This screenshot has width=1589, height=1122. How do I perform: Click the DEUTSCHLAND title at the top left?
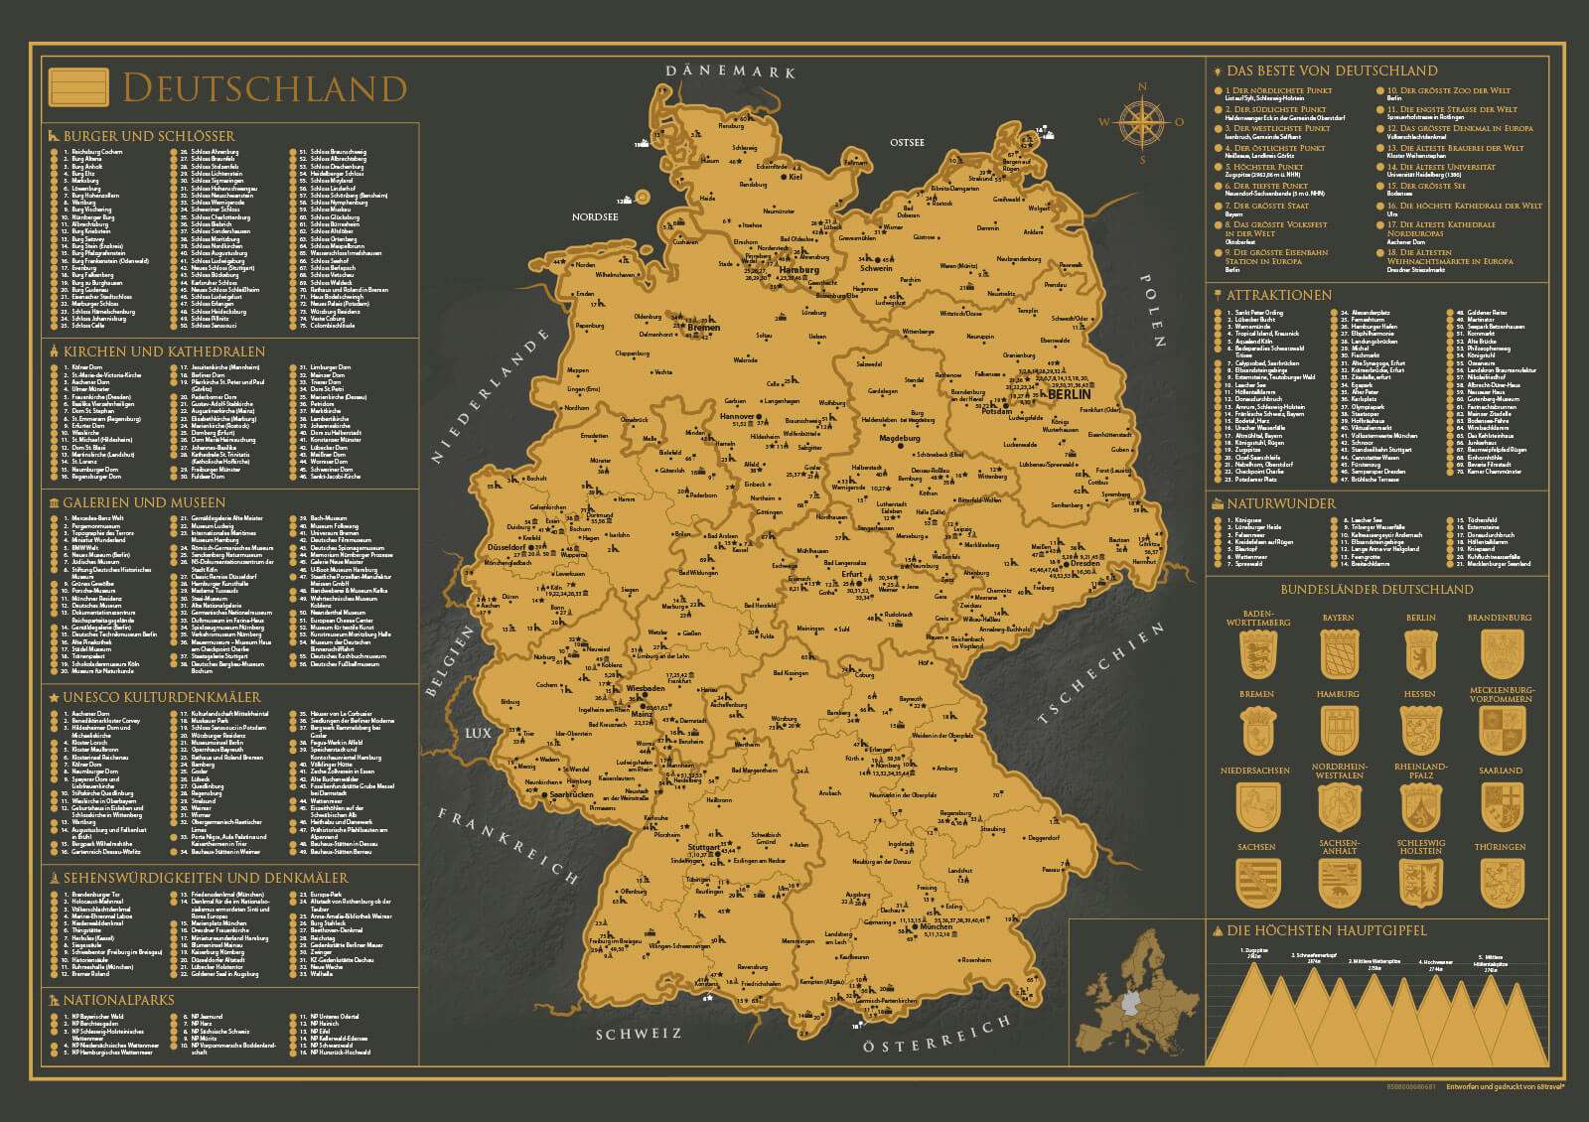(x=263, y=88)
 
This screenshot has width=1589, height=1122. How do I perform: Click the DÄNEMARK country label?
(x=732, y=71)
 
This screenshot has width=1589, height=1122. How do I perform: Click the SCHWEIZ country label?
(x=639, y=1034)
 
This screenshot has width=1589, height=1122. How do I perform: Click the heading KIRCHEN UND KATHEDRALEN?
(x=164, y=351)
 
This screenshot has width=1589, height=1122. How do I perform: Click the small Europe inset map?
(x=1133, y=998)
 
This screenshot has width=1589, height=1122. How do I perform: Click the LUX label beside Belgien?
(x=477, y=734)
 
